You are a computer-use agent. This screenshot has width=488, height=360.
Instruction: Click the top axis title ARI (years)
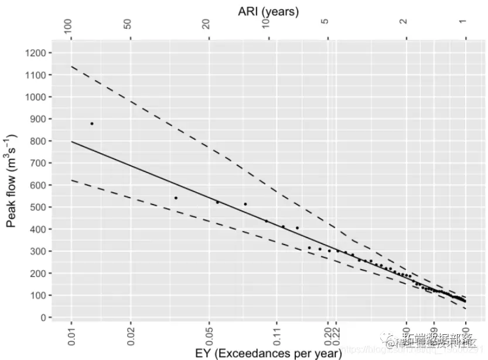[x=268, y=11]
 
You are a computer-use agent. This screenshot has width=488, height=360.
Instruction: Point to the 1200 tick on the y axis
[x=36, y=53]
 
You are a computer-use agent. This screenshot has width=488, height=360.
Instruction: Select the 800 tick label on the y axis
[x=39, y=141]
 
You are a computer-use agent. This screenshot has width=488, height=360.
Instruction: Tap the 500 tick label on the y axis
[x=39, y=208]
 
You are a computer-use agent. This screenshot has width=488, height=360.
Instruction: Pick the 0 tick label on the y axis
[x=43, y=318]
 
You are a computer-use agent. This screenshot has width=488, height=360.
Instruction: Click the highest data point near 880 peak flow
[x=92, y=124]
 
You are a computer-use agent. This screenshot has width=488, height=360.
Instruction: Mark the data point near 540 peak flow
[x=176, y=198]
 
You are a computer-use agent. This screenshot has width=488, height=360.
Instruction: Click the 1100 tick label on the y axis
[x=36, y=75]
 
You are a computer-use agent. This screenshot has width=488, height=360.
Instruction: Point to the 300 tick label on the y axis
[x=39, y=252]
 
